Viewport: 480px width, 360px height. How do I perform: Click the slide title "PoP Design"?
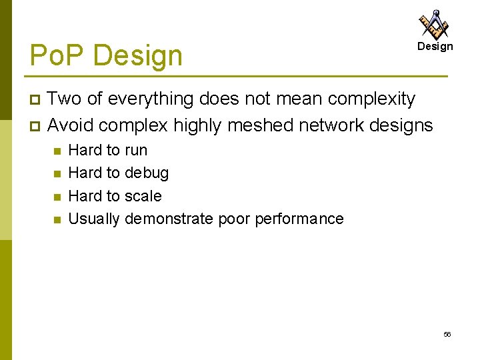(x=106, y=55)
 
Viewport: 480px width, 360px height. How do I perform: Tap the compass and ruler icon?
(x=434, y=24)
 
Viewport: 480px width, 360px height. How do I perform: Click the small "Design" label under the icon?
(x=435, y=46)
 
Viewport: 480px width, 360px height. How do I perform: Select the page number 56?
(x=447, y=334)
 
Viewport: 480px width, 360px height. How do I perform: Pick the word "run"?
(x=135, y=150)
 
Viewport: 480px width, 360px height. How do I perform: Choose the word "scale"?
(x=143, y=196)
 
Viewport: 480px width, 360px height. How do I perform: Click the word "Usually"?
(x=94, y=219)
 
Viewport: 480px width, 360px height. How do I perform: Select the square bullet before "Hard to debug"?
(x=57, y=173)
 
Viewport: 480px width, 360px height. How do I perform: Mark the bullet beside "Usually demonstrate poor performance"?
(x=57, y=219)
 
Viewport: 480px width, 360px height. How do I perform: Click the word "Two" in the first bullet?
(x=65, y=99)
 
